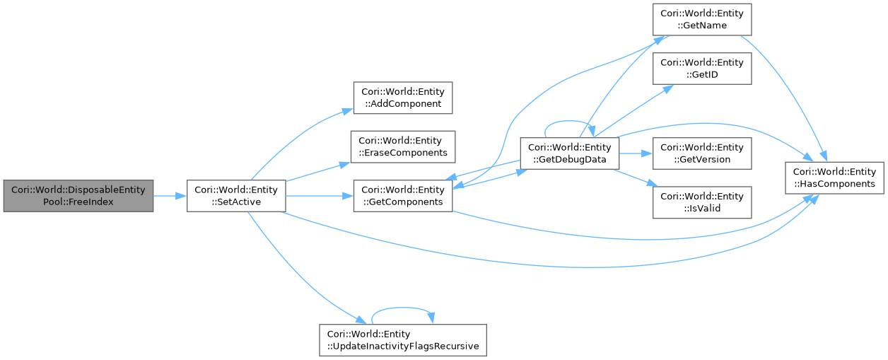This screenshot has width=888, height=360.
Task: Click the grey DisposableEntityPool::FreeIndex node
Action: tap(78, 196)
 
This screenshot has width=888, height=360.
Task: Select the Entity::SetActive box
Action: tap(235, 196)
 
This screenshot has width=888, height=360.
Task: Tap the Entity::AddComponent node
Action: tap(402, 98)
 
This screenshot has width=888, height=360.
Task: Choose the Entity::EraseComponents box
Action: tap(402, 146)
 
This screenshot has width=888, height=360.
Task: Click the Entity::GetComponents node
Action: tap(402, 196)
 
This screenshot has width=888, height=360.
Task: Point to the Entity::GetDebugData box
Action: tap(569, 153)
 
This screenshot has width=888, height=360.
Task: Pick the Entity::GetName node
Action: tap(701, 19)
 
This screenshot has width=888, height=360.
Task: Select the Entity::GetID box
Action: tap(701, 69)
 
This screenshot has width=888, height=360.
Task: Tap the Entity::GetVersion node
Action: tap(701, 153)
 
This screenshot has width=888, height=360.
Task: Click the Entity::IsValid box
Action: tap(701, 202)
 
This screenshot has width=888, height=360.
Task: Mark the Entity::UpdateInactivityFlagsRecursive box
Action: tap(402, 339)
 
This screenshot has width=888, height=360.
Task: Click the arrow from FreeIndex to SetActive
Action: tap(170, 196)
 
